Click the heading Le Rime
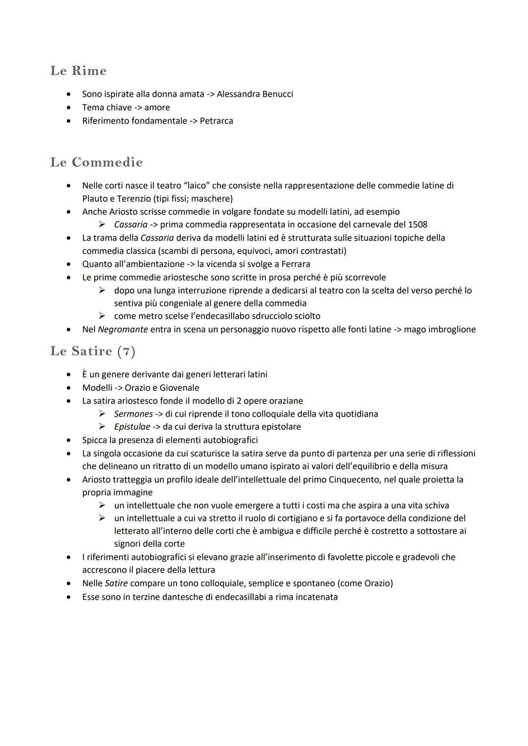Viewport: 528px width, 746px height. (78, 71)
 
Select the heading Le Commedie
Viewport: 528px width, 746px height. (96, 162)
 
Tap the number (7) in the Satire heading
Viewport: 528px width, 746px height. (126, 351)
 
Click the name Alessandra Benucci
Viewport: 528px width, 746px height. (255, 94)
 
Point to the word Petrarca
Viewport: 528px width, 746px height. (216, 121)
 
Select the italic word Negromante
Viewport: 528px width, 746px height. (123, 329)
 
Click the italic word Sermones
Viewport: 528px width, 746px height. (133, 414)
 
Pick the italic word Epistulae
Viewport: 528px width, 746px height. (132, 427)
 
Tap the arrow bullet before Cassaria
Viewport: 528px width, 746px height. (102, 225)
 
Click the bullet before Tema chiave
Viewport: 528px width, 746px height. (71, 107)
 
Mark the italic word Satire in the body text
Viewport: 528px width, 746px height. (116, 583)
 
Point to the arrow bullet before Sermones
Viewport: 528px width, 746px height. (102, 414)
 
